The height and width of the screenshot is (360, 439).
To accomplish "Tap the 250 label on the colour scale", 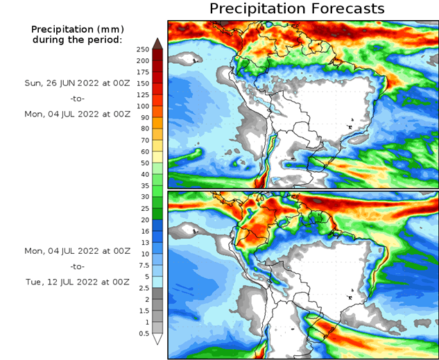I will pos(144,49).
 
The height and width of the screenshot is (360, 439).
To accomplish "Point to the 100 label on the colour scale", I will pos(144,106).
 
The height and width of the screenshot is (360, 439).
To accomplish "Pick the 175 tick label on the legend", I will pos(144,72).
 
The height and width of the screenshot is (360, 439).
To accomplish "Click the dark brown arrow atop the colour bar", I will pos(157,44).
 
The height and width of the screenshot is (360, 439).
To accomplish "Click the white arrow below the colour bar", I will pos(157,339).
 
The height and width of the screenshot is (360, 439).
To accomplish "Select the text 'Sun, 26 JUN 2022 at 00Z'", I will pos(76,82).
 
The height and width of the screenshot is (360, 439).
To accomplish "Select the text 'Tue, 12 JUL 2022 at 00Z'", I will pos(76,282).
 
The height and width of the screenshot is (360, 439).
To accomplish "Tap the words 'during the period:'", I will pos(76,40).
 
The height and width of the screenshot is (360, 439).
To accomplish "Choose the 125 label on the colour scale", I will pos(144,95).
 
